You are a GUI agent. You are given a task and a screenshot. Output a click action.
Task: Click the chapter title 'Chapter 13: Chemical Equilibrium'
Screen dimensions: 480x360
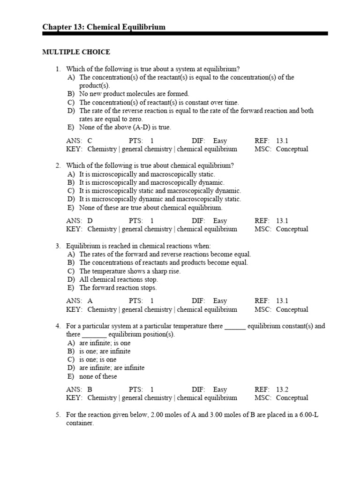coord(104,27)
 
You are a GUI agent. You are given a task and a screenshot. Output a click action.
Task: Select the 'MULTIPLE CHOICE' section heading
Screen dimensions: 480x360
coord(76,52)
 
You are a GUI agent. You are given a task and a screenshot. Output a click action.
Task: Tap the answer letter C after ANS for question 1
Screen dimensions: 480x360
coord(90,141)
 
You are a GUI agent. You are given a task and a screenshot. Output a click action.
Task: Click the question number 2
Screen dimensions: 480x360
coord(58,165)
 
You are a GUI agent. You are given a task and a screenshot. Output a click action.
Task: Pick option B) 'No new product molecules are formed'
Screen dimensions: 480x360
coord(134,94)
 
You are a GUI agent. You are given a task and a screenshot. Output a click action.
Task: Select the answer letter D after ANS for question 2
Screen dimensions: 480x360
coord(90,220)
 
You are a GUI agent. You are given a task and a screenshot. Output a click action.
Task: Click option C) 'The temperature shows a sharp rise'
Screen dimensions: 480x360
coord(129,271)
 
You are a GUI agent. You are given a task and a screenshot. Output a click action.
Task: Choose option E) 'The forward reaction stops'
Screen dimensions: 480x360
coord(118,288)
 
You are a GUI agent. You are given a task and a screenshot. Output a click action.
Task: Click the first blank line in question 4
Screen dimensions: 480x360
coord(235,327)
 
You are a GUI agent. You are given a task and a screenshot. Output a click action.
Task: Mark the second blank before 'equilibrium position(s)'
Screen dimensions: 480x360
coord(95,335)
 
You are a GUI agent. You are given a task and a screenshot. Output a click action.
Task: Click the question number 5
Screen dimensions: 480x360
coord(58,414)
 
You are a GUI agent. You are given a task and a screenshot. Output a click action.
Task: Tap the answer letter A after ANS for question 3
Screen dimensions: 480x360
coord(90,301)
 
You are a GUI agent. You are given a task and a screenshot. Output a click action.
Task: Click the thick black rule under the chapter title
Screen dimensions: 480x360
coord(185,34)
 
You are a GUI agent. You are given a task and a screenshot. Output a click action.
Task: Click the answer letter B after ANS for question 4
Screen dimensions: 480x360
coord(90,389)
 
